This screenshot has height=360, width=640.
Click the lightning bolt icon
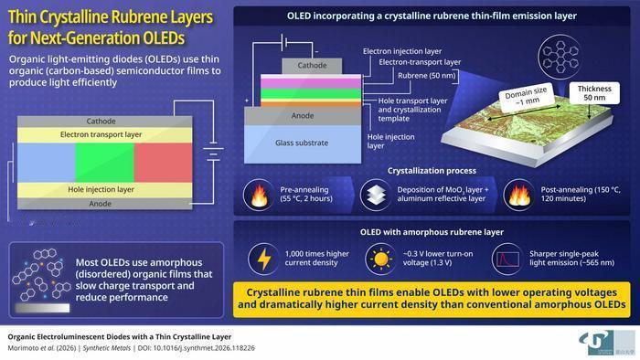click(264, 259)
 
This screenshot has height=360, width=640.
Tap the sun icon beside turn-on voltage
click(380, 259)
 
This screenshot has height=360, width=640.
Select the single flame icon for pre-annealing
click(259, 196)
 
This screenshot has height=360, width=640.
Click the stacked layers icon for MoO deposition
click(376, 195)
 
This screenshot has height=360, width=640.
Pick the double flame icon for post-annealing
click(519, 195)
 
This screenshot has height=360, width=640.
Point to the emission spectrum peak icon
click(507, 259)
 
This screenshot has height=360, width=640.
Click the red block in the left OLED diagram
click(163, 163)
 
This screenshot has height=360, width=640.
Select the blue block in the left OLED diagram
click(46, 163)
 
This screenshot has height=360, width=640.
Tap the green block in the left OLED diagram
click(104, 163)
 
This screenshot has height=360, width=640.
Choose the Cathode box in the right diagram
click(312, 66)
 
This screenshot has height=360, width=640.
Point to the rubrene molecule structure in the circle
click(560, 57)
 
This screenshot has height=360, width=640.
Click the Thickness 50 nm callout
click(594, 93)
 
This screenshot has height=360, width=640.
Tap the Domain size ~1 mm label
click(527, 97)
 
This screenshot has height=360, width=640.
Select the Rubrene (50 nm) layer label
click(427, 76)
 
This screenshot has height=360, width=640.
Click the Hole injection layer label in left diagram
click(101, 189)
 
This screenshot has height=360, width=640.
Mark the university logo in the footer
click(606, 343)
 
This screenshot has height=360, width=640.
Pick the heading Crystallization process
click(432, 171)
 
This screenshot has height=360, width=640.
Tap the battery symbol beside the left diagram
click(213, 152)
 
